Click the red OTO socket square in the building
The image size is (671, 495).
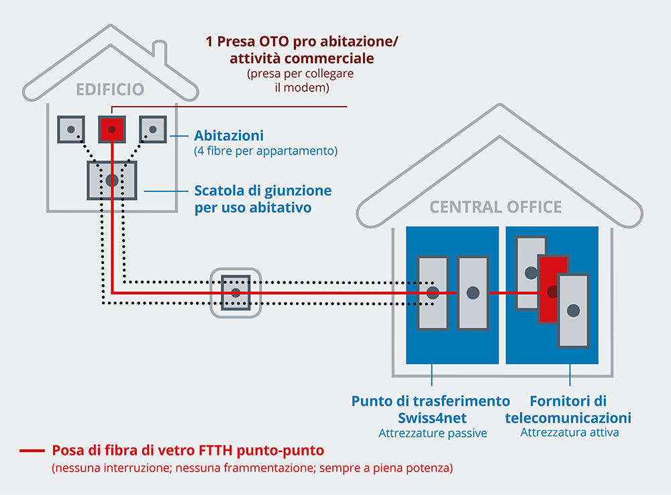coord(111,129)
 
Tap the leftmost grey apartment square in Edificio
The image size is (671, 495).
coord(71,129)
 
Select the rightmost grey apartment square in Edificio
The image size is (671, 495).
coord(152,129)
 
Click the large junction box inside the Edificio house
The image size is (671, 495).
coord(112,180)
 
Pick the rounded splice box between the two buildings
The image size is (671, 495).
coord(236,293)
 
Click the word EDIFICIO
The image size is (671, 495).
coord(109,89)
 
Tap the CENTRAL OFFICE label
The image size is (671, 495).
coord(496,207)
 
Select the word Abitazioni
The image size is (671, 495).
coord(229,135)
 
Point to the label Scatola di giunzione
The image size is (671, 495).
coord(263,191)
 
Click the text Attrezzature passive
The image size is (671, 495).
coord(433,434)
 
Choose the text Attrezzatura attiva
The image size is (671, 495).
coord(570,433)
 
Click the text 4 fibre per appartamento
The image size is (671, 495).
coord(266,151)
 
